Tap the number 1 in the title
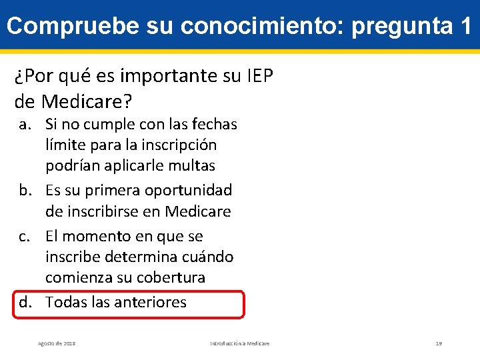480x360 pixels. [x=465, y=26]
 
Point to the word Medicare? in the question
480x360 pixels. [x=87, y=101]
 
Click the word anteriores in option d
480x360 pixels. [x=151, y=303]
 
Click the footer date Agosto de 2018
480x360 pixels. [x=57, y=343]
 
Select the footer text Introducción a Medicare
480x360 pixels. [x=240, y=343]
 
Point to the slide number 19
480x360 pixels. [x=439, y=343]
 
